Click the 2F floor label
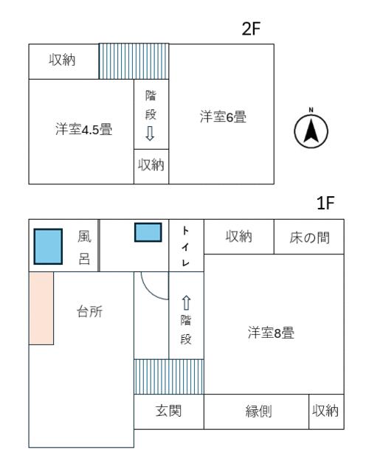252,29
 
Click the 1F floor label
325,204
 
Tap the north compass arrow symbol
311,130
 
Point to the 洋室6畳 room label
223,116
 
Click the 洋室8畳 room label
271,333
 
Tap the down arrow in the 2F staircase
150,133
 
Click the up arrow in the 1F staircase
186,303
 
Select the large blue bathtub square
48,246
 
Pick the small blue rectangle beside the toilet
148,232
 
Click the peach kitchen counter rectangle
41,308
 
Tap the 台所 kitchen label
89,311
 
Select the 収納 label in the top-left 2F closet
63,60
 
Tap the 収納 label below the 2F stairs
151,166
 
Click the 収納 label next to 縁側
325,411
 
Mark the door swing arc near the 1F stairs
153,288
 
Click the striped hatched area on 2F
134,61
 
